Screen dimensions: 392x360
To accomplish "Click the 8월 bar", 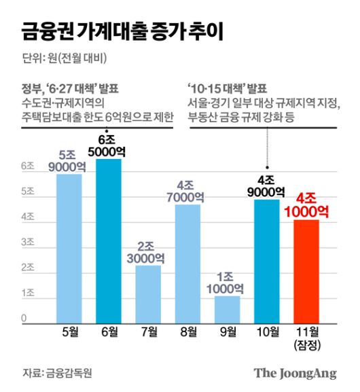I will (187, 262).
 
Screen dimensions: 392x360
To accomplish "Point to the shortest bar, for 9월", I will (227, 308).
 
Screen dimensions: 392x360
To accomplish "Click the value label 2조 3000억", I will (147, 251).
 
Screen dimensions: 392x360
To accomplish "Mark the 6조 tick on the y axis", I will (28, 166).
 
